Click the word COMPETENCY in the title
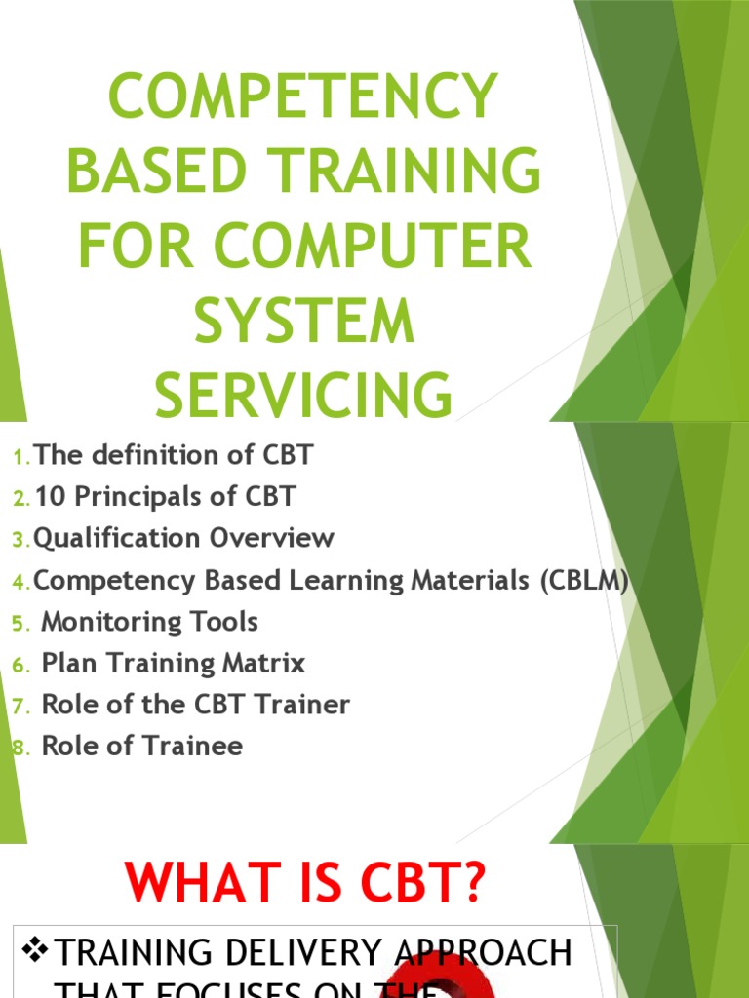303,97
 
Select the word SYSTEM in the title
303,323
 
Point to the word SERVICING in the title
303,397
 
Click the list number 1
21,457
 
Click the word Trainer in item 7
299,705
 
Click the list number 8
21,748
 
